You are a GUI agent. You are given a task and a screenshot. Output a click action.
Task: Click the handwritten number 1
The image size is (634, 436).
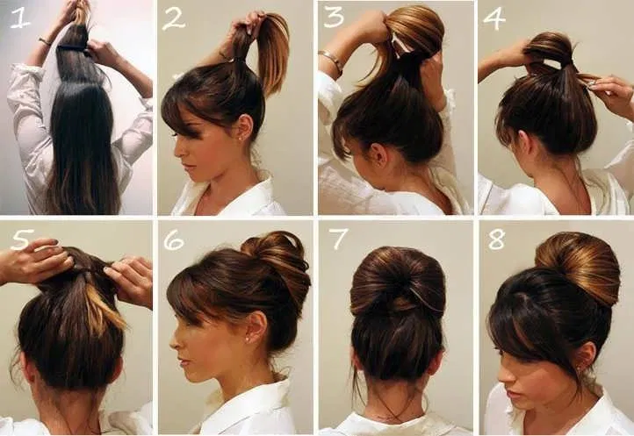20,18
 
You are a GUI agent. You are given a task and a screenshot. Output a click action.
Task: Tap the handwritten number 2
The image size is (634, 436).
174,20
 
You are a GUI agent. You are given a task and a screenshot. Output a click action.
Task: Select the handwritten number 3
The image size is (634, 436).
335,17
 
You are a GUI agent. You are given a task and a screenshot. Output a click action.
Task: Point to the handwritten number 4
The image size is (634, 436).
494,19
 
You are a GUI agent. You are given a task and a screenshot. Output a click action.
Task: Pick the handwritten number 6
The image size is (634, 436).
174,241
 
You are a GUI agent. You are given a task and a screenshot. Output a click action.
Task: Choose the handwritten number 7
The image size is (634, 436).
337,239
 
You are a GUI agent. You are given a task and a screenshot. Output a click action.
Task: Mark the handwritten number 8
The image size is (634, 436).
496,239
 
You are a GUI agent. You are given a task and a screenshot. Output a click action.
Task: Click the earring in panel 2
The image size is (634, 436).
241,139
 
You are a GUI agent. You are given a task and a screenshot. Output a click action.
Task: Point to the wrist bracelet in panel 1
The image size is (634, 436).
45,41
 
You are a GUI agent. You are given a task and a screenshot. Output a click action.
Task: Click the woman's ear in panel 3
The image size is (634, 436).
378,154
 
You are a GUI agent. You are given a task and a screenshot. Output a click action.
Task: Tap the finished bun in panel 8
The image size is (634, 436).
579,267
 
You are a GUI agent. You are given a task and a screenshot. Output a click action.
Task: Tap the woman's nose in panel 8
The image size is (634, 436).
503,378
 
